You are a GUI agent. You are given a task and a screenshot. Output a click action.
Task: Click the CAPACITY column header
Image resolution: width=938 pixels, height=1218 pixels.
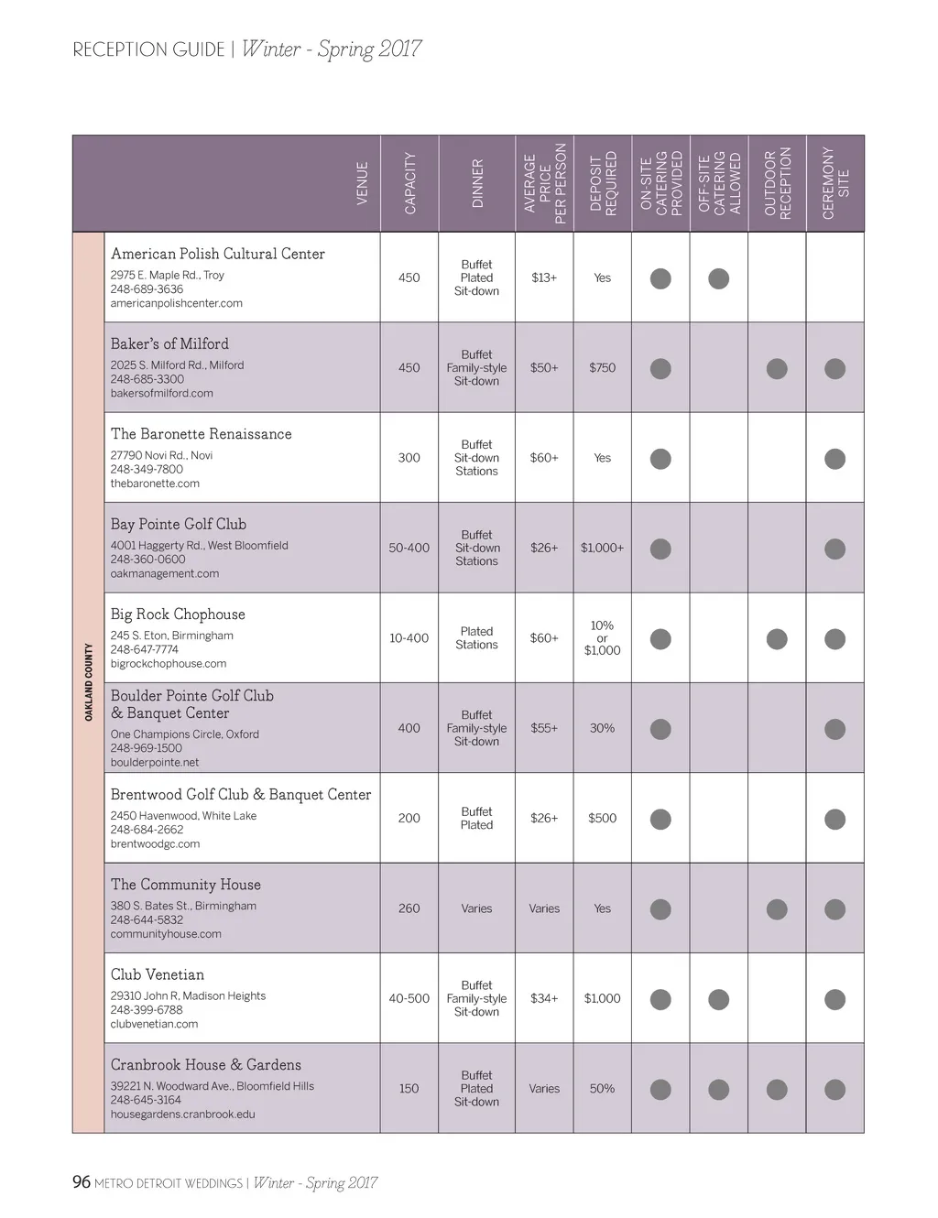409,183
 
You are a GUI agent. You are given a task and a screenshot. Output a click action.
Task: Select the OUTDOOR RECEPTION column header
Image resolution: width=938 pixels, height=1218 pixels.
777,183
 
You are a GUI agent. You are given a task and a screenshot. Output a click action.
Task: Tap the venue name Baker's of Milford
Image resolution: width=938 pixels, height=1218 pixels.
169,344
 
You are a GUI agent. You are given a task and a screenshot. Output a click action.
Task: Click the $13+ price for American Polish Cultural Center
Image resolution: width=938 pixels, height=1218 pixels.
544,277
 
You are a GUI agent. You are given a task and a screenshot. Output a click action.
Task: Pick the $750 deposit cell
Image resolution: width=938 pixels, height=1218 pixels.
602,368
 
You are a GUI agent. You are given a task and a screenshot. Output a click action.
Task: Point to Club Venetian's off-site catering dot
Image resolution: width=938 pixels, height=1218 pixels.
719,999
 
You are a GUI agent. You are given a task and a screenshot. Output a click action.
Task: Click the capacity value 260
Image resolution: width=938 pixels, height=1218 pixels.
409,908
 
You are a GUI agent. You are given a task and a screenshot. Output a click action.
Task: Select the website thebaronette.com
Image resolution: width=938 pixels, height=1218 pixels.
155,484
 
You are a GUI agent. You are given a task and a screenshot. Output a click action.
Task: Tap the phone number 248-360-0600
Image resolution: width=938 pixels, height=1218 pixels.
147,560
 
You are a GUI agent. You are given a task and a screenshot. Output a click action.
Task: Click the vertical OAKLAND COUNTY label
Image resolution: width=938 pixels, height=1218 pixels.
89,682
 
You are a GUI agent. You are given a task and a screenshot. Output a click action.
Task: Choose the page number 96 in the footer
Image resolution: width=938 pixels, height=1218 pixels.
82,1182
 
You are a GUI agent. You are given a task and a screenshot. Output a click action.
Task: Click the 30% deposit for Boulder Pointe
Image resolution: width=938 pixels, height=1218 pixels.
602,728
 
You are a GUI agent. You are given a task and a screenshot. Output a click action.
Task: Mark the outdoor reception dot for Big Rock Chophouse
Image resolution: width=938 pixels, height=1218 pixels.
777,639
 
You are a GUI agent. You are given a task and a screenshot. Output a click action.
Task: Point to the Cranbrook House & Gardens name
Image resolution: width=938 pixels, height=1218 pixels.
205,1065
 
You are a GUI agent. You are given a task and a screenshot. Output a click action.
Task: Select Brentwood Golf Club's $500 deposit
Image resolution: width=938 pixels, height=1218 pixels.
602,819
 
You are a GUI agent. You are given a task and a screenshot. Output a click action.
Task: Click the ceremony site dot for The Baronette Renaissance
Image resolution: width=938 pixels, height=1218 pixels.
834,459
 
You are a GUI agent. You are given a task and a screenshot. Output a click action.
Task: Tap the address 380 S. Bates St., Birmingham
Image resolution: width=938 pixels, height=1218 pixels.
183,906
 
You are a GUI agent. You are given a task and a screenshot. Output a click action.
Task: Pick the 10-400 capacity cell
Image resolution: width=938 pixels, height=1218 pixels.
409,638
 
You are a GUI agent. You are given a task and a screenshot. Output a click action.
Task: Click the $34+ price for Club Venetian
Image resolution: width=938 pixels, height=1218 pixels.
544,999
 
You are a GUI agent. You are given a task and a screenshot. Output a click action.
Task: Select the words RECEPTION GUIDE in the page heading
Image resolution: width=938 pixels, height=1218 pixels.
148,50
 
